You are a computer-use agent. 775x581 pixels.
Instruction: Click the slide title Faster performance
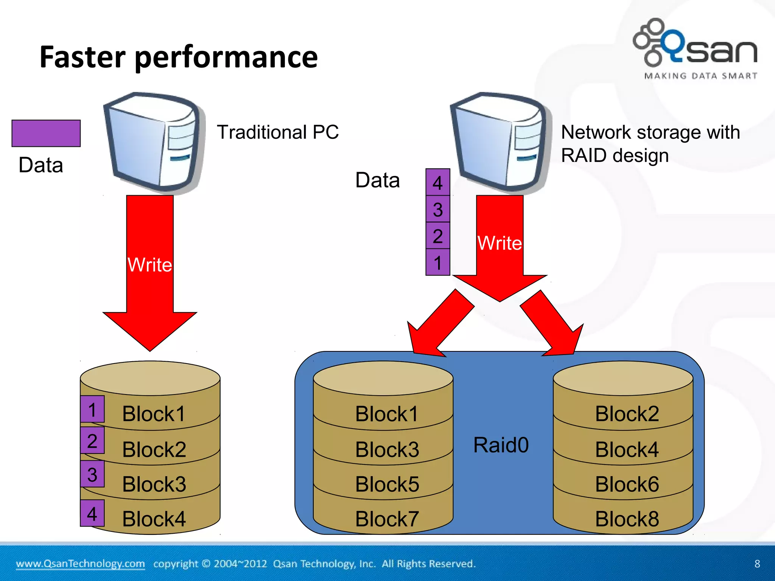pos(179,57)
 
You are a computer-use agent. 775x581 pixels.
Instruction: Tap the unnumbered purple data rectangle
pos(46,133)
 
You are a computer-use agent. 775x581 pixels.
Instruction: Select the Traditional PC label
pos(277,132)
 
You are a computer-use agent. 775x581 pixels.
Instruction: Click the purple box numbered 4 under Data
pos(437,183)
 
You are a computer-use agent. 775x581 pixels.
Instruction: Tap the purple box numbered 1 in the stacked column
pos(437,263)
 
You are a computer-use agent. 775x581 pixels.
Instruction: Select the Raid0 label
pos(500,445)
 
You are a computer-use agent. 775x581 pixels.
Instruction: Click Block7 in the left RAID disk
pos(387,519)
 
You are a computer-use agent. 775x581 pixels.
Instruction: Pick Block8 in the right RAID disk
pos(627,519)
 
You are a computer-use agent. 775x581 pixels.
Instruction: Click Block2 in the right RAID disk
pos(627,413)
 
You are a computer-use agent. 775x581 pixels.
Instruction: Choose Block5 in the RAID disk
pos(387,484)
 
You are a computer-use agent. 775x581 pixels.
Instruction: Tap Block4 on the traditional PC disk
pos(154,519)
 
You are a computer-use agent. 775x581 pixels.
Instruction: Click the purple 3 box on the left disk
pos(92,474)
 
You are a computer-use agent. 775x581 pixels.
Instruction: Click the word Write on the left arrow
pos(150,264)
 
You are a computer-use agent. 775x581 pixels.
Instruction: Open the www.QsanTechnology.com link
pos(80,564)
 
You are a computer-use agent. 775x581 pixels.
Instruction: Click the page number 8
pos(757,564)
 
